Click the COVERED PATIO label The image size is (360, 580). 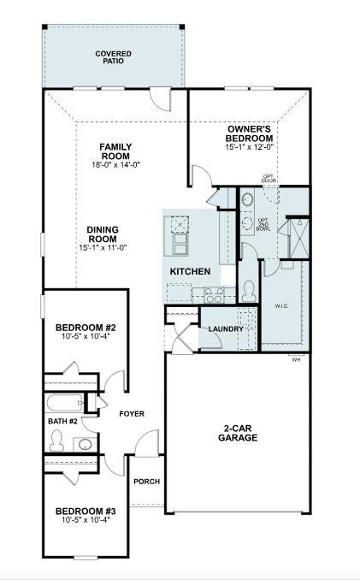(113, 58)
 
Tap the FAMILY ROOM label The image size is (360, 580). (115, 151)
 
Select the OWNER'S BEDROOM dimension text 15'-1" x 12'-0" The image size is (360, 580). (250, 147)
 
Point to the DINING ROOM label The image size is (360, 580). (103, 234)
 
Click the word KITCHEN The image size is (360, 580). (190, 271)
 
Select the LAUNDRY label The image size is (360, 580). (226, 328)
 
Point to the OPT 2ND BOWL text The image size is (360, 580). (263, 224)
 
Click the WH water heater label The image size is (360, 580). (297, 359)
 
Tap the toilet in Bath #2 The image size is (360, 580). (57, 441)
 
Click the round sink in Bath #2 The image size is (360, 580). (85, 443)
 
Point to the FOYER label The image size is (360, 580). (132, 414)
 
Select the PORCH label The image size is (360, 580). (146, 481)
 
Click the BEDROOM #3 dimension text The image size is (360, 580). (86, 519)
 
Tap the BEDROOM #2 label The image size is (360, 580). (86, 328)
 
